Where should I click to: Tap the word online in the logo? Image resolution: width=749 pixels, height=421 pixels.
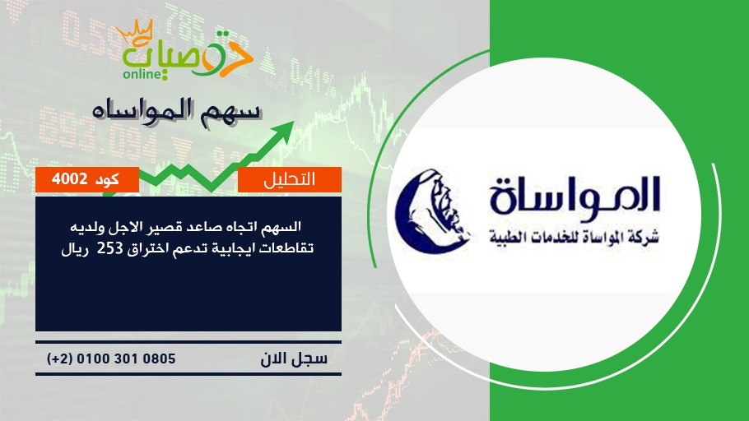click(141, 74)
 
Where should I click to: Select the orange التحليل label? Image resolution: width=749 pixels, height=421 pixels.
click(290, 179)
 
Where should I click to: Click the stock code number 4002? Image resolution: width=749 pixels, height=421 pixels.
click(70, 179)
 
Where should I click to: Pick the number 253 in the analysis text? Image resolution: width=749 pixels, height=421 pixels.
click(111, 248)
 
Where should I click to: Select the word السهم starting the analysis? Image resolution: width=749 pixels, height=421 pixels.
click(284, 226)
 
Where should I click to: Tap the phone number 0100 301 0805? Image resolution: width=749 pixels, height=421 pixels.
click(126, 359)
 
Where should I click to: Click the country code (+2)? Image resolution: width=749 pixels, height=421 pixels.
click(60, 359)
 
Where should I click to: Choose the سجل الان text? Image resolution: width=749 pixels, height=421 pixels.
click(294, 358)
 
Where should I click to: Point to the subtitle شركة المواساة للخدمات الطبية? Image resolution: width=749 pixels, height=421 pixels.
click(574, 236)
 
